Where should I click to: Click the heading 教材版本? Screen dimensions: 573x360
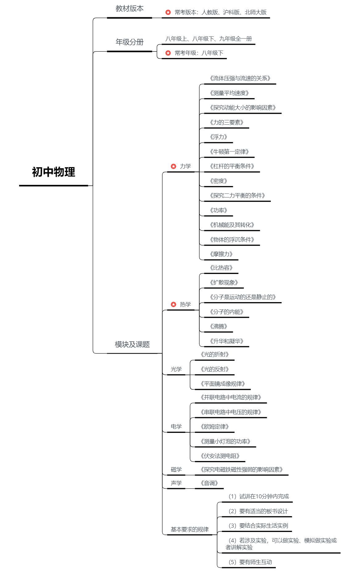[129, 9]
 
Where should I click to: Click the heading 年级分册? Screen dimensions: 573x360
[129, 42]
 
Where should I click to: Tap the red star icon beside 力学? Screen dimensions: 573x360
[173, 166]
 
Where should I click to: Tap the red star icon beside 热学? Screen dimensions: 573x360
[173, 305]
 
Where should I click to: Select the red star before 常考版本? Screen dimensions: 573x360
[168, 12]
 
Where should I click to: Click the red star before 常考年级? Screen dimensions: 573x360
[168, 53]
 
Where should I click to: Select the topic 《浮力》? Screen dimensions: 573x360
[218, 137]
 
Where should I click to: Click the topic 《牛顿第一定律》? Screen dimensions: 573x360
[229, 152]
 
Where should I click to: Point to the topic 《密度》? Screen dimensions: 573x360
[218, 181]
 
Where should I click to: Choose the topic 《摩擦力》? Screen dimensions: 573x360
[221, 254]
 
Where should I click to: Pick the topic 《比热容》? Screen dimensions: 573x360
[221, 268]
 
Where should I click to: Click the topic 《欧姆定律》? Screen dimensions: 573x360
[214, 427]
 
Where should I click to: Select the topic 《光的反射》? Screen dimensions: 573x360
[214, 369]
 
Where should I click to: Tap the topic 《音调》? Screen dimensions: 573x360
[209, 483]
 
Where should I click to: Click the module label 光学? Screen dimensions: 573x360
[176, 369]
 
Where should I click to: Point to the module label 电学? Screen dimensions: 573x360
[176, 427]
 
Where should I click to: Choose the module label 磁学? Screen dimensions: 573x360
[176, 470]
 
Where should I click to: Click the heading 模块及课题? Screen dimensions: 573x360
[132, 345]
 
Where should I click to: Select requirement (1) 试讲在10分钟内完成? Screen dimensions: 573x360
[259, 496]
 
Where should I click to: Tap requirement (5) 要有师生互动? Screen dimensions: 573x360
[250, 562]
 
